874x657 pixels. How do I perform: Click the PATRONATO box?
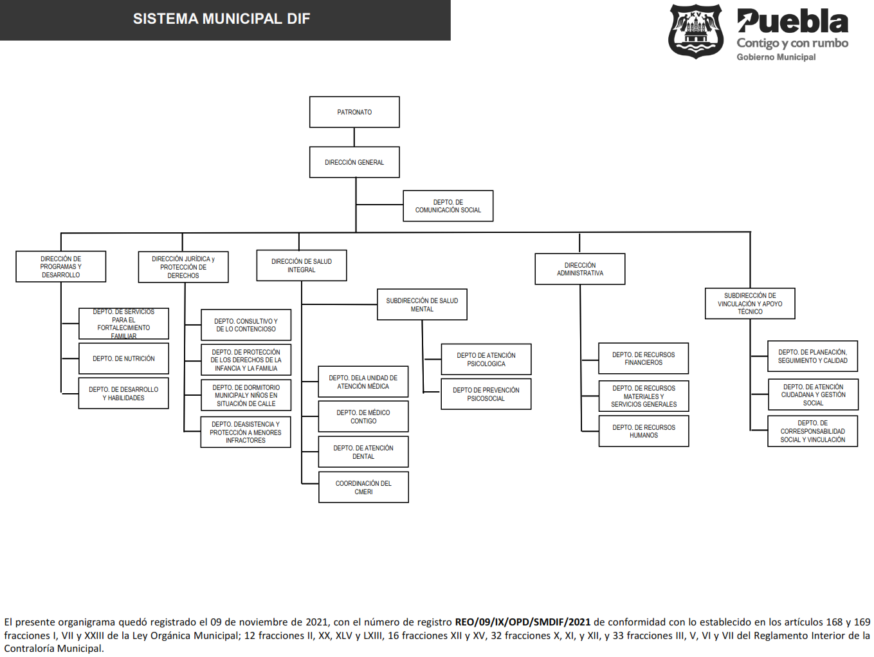[x=354, y=112]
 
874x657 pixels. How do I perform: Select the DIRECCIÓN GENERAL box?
[x=354, y=162]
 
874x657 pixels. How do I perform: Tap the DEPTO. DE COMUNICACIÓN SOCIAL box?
[x=448, y=206]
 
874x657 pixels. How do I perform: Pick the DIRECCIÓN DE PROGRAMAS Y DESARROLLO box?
[x=61, y=266]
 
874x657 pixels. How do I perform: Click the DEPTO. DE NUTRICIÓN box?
[x=123, y=358]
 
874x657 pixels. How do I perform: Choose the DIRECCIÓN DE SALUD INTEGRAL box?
[x=302, y=265]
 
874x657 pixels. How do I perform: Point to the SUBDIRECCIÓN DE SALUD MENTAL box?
[x=422, y=304]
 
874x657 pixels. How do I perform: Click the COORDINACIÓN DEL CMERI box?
[x=363, y=487]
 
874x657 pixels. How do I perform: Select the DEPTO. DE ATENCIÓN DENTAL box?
[x=363, y=452]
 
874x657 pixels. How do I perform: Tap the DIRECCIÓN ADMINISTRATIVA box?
[x=579, y=269]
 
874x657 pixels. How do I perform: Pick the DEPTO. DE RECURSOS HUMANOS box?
[x=644, y=431]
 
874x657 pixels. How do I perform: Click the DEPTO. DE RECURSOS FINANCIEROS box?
[x=644, y=358]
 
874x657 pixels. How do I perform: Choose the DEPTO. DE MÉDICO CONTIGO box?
[x=363, y=416]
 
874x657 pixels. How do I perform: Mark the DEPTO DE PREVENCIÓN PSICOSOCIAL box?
[x=486, y=394]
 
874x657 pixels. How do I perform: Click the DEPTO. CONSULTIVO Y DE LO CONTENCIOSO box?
[x=246, y=325]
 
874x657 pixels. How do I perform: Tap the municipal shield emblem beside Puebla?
[x=696, y=32]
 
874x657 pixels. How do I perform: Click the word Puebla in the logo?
[x=792, y=21]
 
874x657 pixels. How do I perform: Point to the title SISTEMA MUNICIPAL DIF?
[x=221, y=19]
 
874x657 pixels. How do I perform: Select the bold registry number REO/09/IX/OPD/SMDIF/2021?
[x=523, y=622]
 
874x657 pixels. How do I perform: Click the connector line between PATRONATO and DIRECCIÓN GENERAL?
[x=354, y=137]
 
